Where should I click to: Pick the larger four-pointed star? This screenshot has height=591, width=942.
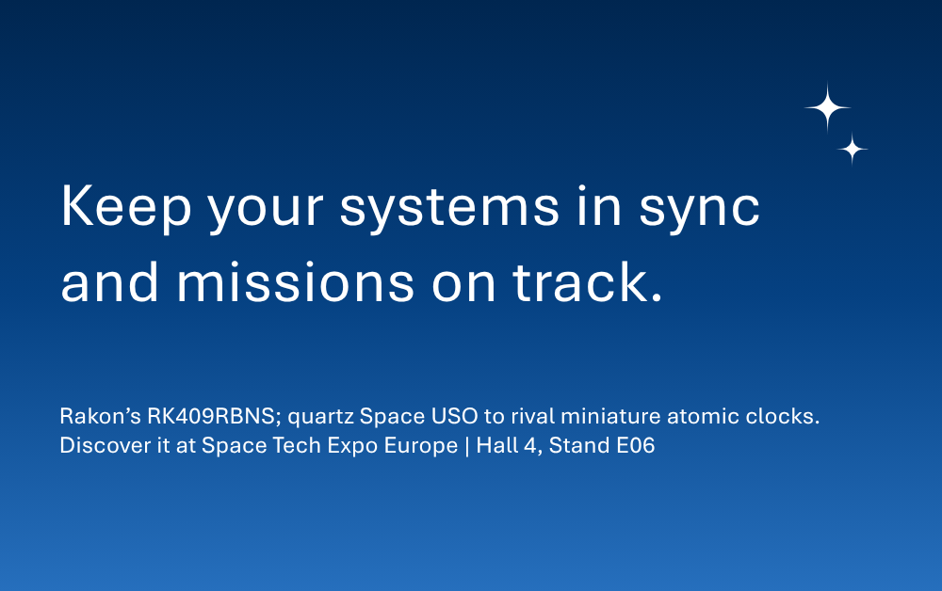click(828, 107)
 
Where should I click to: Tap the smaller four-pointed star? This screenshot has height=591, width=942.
click(853, 149)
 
